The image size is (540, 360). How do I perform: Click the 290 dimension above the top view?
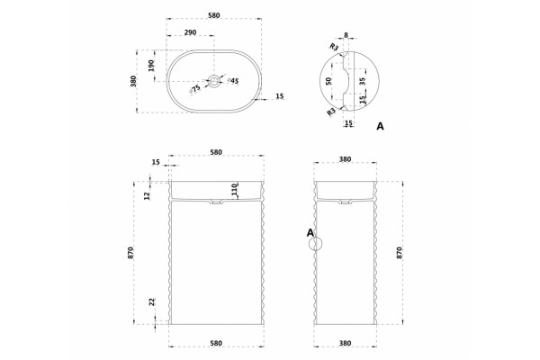[x=190, y=32]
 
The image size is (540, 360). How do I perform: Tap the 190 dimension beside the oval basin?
[x=151, y=66]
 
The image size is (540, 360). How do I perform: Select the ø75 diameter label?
[x=195, y=89]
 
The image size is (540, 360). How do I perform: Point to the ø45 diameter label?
[x=233, y=81]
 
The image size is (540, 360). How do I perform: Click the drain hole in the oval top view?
[x=214, y=81]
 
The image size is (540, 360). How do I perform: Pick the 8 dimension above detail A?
[x=346, y=35]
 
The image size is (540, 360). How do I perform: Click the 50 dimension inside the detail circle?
[x=328, y=81]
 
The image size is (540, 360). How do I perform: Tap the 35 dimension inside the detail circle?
[x=362, y=81]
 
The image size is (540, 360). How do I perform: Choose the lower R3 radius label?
[x=331, y=112]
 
